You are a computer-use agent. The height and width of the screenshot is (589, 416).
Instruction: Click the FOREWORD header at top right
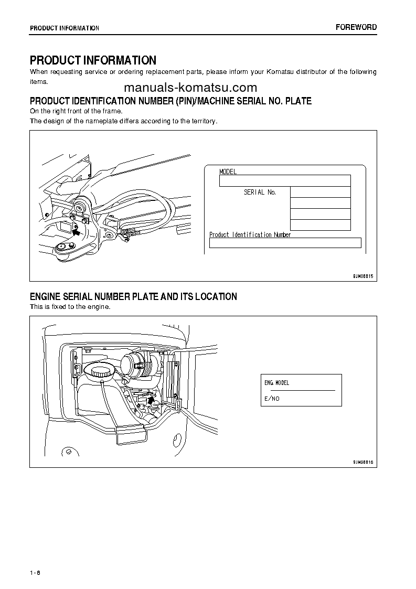[x=356, y=27]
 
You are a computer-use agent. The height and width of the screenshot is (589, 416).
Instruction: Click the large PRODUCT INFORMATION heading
[x=93, y=60]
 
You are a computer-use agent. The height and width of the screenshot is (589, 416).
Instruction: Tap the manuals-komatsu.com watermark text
[x=190, y=88]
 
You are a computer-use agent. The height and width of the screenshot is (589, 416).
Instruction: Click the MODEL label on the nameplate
[x=228, y=172]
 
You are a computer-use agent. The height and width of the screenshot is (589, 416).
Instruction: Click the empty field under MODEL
[x=284, y=181]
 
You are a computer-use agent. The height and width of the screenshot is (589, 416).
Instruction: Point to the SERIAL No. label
[x=260, y=192]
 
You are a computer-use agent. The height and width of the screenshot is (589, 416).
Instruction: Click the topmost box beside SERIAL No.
[x=320, y=192]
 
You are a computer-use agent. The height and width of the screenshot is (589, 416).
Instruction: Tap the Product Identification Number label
[x=250, y=235]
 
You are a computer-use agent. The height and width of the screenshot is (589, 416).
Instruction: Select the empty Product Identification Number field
[x=285, y=243]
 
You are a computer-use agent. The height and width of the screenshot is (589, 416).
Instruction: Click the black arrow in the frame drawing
[x=77, y=230]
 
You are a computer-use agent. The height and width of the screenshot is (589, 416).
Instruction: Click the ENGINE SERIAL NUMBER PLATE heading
[x=133, y=297]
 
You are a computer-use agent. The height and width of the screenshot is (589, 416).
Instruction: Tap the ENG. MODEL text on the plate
[x=277, y=383]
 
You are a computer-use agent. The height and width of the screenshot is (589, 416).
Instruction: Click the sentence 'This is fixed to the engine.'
[x=70, y=307]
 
